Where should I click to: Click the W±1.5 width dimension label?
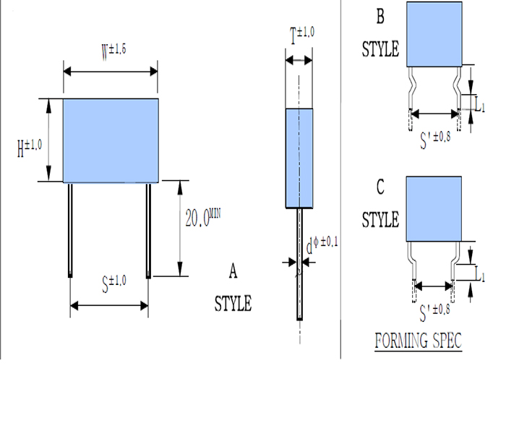click(x=113, y=51)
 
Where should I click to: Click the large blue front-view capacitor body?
click(x=111, y=140)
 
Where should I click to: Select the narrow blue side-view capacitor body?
click(x=299, y=157)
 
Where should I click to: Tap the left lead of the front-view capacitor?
click(x=71, y=229)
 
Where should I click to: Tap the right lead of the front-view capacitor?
click(x=150, y=229)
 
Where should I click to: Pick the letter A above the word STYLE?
click(x=233, y=271)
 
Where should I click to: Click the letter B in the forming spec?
click(x=380, y=16)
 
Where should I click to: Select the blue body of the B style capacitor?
click(x=434, y=34)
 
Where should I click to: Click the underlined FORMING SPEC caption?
click(x=418, y=339)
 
